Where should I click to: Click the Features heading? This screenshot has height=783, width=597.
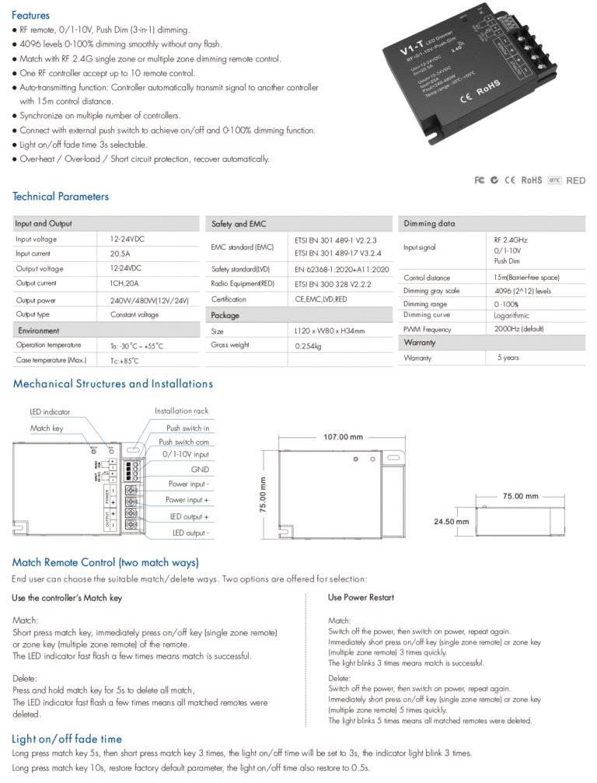tap(31, 15)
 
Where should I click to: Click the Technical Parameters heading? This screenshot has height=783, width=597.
tap(61, 197)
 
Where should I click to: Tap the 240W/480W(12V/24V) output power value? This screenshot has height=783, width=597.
tap(149, 299)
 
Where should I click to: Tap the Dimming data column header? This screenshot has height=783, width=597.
tap(429, 224)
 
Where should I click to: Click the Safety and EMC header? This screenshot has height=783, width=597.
tap(239, 224)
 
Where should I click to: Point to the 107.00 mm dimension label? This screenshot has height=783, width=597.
tap(343, 437)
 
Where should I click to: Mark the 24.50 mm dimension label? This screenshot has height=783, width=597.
tap(450, 522)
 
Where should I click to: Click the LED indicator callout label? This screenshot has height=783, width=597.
tap(50, 411)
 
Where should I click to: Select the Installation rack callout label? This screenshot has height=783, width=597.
tap(181, 411)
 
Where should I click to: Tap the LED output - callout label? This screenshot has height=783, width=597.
tap(190, 533)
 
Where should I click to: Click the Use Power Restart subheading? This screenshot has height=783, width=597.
tap(361, 597)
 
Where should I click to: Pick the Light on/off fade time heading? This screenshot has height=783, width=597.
tap(67, 739)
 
